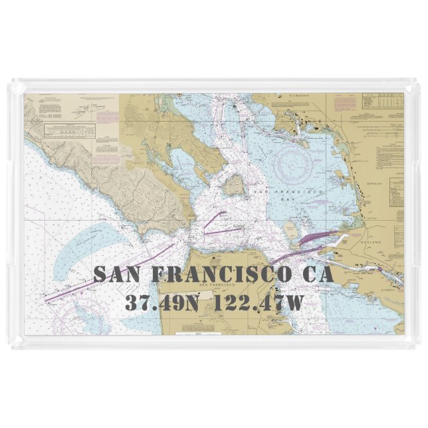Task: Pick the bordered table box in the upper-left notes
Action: pos(66,130)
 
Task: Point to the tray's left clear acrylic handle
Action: pos(16,213)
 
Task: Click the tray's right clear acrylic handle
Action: pos(412,213)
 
